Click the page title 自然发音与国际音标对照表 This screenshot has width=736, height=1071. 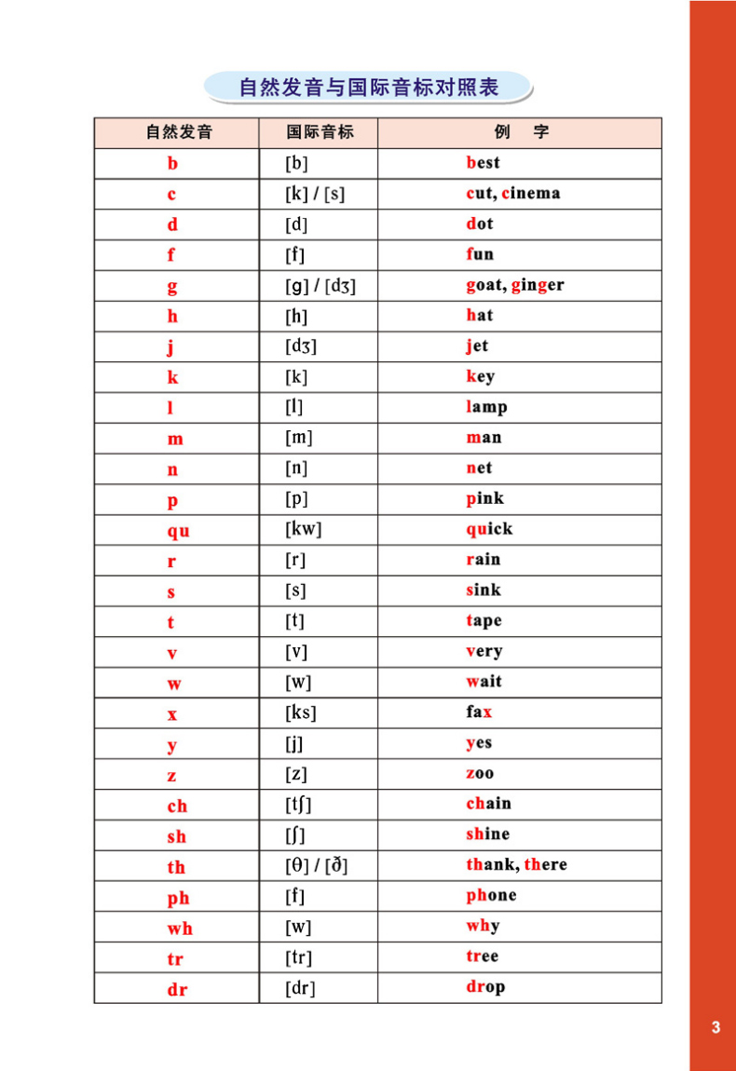click(368, 88)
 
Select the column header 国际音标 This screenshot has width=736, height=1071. click(320, 132)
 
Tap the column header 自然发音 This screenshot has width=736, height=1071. click(178, 132)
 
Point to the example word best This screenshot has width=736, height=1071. click(483, 163)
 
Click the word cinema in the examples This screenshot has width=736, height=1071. click(531, 194)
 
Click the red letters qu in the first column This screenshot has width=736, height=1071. click(178, 531)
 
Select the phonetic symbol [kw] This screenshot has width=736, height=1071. click(303, 530)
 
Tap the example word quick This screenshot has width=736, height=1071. click(489, 529)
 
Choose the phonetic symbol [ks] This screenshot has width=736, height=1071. click(300, 713)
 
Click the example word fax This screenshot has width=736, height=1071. click(479, 712)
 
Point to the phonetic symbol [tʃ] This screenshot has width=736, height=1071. click(299, 805)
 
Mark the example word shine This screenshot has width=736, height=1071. click(488, 834)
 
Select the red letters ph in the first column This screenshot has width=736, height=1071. click(178, 898)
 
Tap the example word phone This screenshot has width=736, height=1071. click(491, 896)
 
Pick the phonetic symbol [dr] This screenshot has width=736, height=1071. click(300, 988)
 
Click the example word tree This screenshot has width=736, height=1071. click(483, 956)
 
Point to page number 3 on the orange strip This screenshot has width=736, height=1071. click(716, 1028)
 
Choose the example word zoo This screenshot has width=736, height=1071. click(480, 774)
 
